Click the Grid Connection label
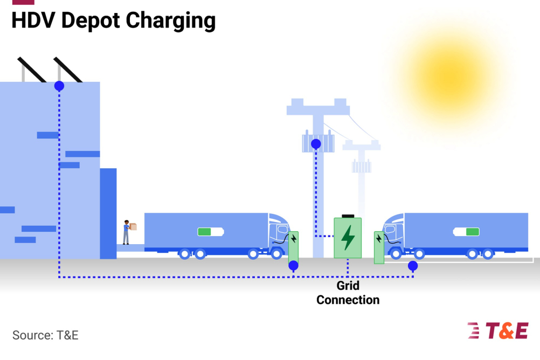click(348, 293)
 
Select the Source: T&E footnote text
click(45, 335)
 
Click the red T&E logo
click(497, 330)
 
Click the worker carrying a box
click(127, 232)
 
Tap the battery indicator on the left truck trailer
click(210, 232)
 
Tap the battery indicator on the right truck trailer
click(466, 232)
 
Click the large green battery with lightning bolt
click(348, 237)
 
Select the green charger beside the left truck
click(293, 245)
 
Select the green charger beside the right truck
click(379, 247)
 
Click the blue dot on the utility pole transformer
click(316, 144)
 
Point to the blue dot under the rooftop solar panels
click(59, 86)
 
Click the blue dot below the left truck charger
click(293, 265)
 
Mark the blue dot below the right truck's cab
click(413, 266)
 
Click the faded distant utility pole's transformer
click(361, 167)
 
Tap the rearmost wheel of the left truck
click(184, 253)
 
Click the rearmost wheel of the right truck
click(488, 253)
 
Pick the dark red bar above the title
click(23, 2)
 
